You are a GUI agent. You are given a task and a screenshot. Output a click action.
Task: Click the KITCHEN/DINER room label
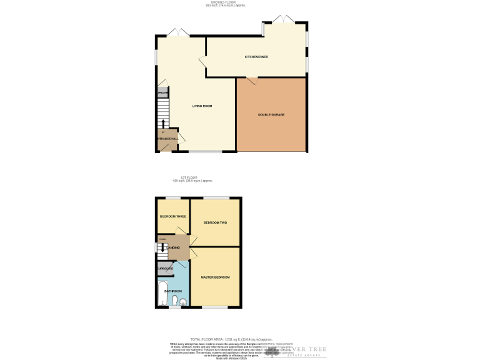pos(256,57)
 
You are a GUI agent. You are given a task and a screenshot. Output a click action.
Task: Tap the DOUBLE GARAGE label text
pos(271,114)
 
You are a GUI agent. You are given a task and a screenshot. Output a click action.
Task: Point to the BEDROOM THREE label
pos(172,216)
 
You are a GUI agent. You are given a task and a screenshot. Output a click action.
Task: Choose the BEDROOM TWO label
pos(214,222)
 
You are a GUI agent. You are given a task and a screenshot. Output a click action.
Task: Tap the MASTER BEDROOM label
pos(215,277)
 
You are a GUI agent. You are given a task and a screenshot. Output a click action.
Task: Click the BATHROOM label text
pos(173,291)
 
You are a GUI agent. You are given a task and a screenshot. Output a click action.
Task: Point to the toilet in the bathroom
pos(174,301)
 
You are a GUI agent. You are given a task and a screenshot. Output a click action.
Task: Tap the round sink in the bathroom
pos(183,302)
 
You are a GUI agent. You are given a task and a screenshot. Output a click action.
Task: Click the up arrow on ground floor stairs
pos(164,123)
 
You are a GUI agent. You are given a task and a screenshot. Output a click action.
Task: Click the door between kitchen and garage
pos(251,79)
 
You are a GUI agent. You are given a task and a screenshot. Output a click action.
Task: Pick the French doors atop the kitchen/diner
pos(284,19)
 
